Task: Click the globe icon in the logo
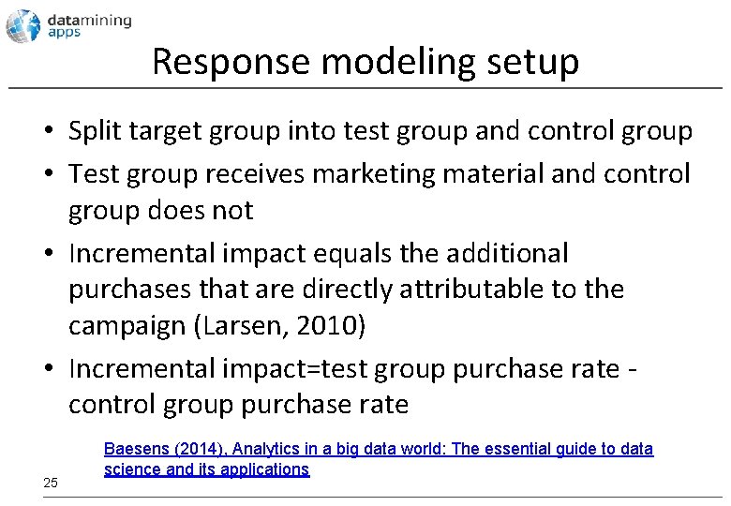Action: click(x=23, y=26)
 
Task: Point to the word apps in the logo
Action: click(x=66, y=32)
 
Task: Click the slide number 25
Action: click(x=51, y=483)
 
